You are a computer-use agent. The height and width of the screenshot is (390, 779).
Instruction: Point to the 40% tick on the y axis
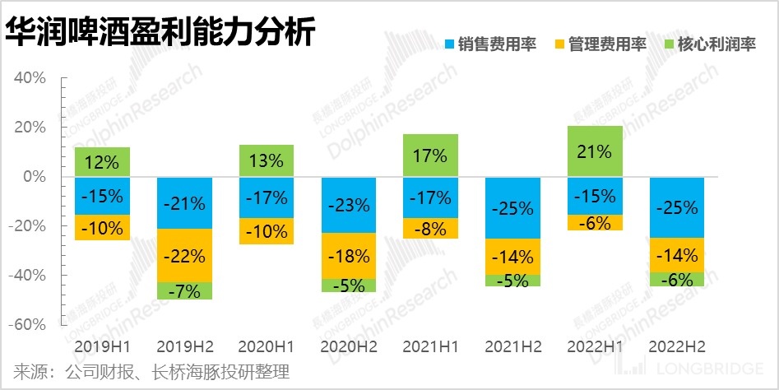(29, 78)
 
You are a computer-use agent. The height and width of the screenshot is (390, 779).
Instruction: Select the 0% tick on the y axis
(34, 177)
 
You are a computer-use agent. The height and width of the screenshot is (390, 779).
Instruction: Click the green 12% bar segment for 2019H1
(102, 162)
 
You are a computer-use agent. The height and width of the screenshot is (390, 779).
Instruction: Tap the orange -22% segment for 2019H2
(184, 255)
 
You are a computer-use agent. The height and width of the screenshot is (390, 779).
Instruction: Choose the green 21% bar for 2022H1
(595, 151)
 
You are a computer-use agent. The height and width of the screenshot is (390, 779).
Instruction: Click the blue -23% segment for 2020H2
(348, 205)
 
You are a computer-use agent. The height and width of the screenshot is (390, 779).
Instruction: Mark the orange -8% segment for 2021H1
(430, 229)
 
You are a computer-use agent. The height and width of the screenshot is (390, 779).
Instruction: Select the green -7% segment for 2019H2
(184, 290)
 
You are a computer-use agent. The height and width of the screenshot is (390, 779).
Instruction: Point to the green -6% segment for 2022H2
(677, 279)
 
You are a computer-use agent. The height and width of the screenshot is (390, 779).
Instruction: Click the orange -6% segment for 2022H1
(595, 222)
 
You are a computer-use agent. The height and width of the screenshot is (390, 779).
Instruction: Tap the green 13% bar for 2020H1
(266, 160)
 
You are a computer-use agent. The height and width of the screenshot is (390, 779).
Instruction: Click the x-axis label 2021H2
(512, 347)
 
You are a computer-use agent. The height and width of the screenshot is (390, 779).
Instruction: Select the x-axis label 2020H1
(266, 347)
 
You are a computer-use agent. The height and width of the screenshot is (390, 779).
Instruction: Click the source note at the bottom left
(152, 372)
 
